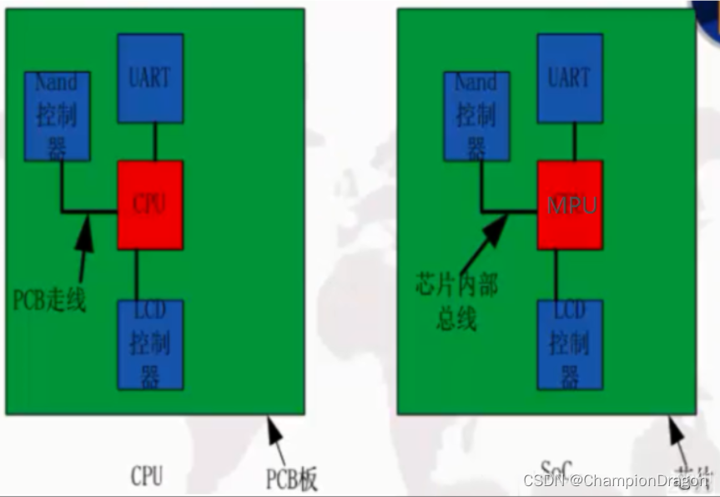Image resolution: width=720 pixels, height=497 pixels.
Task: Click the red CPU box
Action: (150, 205)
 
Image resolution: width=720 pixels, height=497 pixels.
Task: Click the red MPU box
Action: (571, 205)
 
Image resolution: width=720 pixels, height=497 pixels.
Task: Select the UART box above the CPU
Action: (150, 79)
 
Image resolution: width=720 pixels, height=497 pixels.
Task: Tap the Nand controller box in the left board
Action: (57, 116)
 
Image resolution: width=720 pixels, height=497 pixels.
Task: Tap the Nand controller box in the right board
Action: (476, 116)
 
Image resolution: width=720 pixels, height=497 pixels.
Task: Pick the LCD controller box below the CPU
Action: (150, 344)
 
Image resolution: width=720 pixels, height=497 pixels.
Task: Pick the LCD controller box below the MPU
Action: (571, 344)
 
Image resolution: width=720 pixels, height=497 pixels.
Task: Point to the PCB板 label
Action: (292, 479)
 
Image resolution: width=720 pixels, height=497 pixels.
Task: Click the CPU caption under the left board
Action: (147, 476)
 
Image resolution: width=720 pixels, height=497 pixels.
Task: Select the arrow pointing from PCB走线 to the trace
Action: (84, 251)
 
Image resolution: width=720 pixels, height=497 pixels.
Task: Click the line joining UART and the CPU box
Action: (154, 141)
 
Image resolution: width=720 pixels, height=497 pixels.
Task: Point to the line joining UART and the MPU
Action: (575, 141)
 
